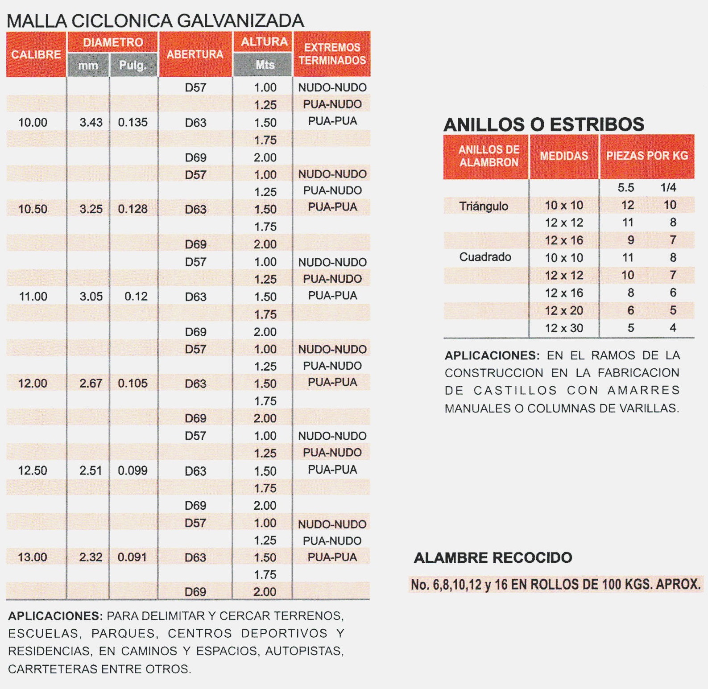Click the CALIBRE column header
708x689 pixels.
[36, 54]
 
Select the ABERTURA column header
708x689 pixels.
[195, 54]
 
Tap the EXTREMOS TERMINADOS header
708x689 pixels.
[332, 54]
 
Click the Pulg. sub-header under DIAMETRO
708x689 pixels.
[133, 66]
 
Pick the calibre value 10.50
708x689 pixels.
[33, 209]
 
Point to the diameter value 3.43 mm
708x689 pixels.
[91, 122]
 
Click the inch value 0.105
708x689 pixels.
[132, 383]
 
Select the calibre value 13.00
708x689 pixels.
[33, 557]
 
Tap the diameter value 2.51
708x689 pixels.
[91, 470]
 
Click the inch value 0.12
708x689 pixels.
[136, 296]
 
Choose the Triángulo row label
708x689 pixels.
[484, 206]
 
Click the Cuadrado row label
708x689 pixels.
[485, 257]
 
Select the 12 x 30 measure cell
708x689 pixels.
[564, 328]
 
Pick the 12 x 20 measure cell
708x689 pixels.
[564, 310]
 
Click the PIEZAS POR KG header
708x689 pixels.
[647, 156]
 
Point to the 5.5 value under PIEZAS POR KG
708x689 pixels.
[626, 187]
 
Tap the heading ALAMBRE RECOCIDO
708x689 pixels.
[493, 557]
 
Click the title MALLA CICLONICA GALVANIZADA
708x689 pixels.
[155, 21]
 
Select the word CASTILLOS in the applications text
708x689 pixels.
[515, 391]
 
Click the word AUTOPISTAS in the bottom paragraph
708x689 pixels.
[304, 651]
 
